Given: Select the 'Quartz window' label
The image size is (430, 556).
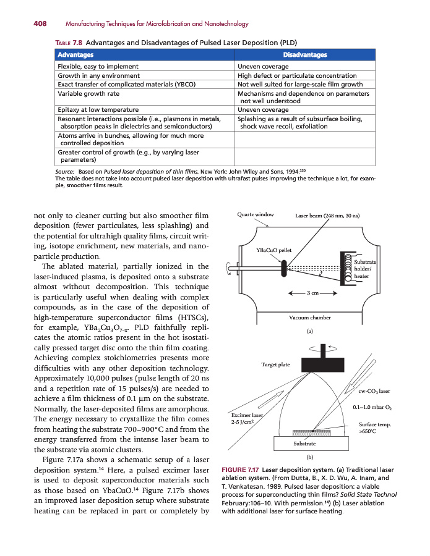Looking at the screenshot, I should (256, 215).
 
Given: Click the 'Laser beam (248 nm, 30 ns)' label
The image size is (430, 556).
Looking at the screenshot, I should (327, 216).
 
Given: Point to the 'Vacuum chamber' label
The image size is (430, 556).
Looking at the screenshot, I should (310, 318).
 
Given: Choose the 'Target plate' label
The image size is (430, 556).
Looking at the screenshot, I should (275, 364).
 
